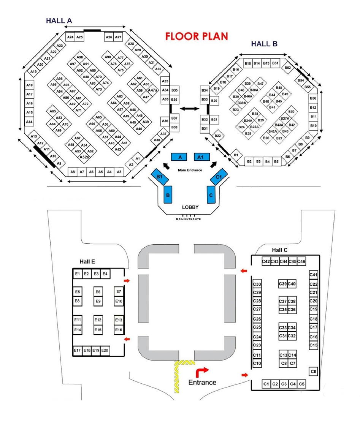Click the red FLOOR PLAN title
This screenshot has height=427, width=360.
click(197, 36)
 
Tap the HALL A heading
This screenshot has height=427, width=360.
click(59, 21)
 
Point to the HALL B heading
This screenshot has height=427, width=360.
click(264, 44)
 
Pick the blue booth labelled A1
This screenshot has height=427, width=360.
click(200, 157)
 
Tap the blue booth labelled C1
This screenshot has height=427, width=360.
click(218, 177)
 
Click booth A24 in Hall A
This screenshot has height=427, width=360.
click(70, 37)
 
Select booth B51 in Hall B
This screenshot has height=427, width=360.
click(275, 63)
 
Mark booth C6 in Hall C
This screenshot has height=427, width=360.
click(313, 372)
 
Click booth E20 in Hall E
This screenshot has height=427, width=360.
click(105, 350)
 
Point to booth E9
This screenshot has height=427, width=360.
click(98, 301)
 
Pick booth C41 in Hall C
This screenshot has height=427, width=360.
click(313, 275)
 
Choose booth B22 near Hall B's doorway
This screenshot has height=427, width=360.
click(217, 136)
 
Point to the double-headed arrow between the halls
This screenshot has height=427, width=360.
click(189, 109)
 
